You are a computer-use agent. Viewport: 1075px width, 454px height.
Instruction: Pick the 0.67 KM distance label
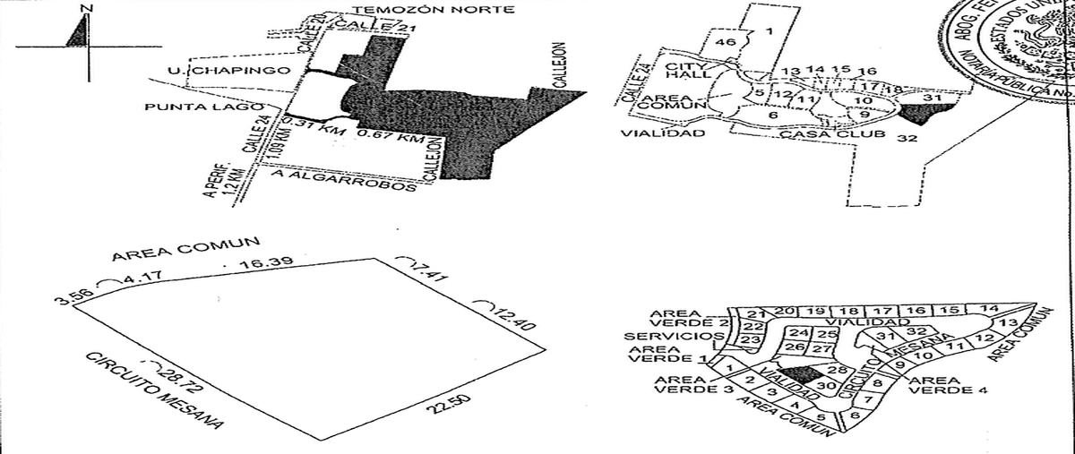[390, 138]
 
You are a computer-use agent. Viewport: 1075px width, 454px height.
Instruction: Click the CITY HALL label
[688, 70]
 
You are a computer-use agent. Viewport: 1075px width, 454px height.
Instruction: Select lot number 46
[727, 43]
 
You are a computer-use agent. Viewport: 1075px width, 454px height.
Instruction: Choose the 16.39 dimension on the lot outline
[265, 263]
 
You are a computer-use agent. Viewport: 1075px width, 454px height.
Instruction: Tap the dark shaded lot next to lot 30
[795, 374]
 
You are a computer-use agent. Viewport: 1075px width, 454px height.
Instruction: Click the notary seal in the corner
[1021, 40]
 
